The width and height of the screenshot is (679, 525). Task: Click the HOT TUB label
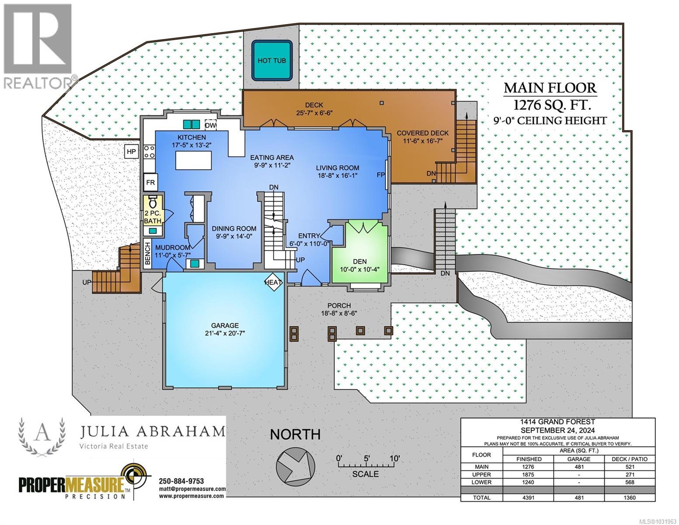(x=272, y=60)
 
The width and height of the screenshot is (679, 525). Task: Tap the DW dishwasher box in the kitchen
(x=211, y=125)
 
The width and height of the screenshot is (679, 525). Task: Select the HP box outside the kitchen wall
(x=131, y=152)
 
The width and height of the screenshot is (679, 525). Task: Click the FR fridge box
(x=150, y=182)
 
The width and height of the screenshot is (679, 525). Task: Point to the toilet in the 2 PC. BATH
(x=153, y=203)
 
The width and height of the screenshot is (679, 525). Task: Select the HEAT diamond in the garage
(x=273, y=283)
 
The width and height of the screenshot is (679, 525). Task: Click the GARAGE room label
(x=225, y=325)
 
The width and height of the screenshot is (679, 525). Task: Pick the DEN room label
(x=359, y=262)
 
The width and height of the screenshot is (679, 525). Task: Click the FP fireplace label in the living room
(x=381, y=175)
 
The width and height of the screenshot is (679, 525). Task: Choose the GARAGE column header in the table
(x=579, y=459)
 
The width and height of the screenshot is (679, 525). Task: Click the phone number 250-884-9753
(x=181, y=481)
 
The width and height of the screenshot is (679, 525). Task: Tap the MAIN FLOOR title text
(x=550, y=88)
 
